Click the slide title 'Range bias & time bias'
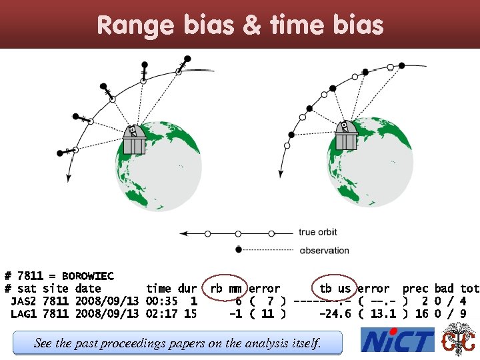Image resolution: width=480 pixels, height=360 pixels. [240, 25]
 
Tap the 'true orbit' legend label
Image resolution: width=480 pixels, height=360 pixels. [318, 233]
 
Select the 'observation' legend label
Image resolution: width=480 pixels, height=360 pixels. [324, 251]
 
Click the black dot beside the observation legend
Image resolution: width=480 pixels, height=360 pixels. [239, 250]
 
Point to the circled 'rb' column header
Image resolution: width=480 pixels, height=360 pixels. [217, 289]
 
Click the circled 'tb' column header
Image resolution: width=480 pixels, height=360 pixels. [326, 289]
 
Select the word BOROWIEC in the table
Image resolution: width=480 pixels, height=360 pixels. [87, 276]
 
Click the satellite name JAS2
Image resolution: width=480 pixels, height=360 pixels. [23, 301]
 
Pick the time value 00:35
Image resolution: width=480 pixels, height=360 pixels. [161, 301]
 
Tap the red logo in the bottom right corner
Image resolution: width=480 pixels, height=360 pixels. [459, 340]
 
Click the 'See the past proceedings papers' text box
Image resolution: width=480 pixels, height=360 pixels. [177, 343]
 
